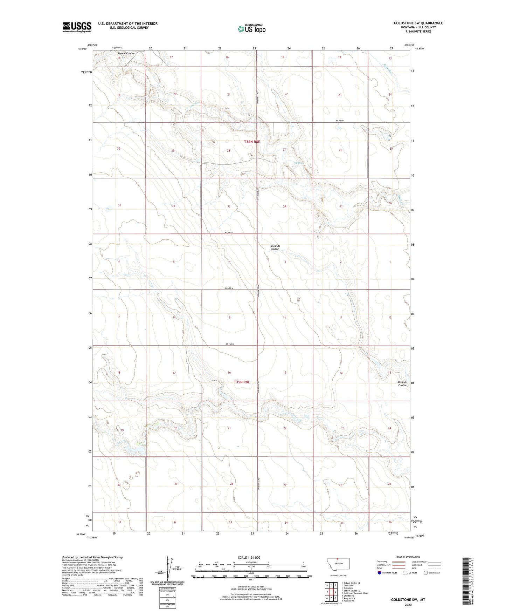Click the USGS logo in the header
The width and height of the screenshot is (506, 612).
pyautogui.click(x=77, y=27)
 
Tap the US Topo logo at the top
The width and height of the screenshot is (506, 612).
pyautogui.click(x=251, y=29)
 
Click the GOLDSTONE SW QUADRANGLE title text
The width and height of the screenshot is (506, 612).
pyautogui.click(x=418, y=23)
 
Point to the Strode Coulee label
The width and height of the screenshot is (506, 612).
pyautogui.click(x=126, y=54)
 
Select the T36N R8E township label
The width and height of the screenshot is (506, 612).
pyautogui.click(x=252, y=142)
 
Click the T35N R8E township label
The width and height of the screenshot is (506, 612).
pyautogui.click(x=242, y=382)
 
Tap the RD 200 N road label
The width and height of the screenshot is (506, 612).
pyautogui.click(x=340, y=121)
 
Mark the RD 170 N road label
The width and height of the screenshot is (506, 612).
pyautogui.click(x=229, y=288)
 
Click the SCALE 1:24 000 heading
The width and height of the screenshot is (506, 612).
pyautogui.click(x=249, y=557)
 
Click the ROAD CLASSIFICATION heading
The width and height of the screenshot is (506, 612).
pyautogui.click(x=408, y=557)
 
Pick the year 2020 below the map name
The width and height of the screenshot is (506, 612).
pyautogui.click(x=408, y=605)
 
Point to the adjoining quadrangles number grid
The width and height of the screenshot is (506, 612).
pyautogui.click(x=331, y=591)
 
